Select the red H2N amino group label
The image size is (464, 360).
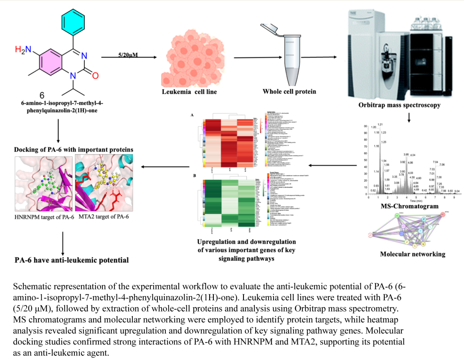point(23,50)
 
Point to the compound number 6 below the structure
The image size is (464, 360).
point(42,94)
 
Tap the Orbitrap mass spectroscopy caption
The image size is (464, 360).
point(399,105)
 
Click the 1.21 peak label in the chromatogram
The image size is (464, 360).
point(380,124)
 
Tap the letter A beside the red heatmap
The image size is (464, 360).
point(192,114)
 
